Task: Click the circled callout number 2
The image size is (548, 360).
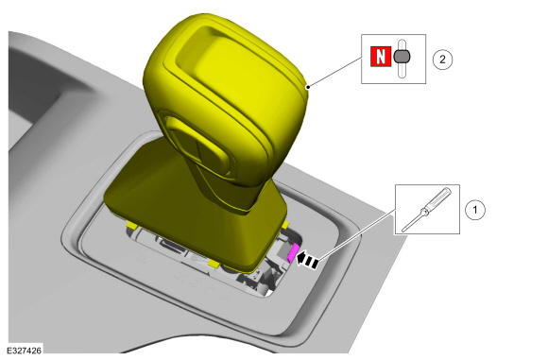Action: click(442, 60)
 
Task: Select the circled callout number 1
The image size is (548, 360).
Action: click(475, 210)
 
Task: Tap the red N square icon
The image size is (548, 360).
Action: click(381, 57)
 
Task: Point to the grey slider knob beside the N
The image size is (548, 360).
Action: click(402, 57)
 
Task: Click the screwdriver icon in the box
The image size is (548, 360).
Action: click(427, 210)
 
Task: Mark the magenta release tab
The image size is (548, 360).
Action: click(293, 253)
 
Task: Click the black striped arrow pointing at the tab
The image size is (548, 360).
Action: click(308, 260)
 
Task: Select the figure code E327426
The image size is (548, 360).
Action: click(25, 351)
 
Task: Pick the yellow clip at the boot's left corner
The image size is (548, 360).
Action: click(131, 226)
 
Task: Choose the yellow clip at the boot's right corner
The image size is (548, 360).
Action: click(285, 224)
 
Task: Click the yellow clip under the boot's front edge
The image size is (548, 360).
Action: click(214, 264)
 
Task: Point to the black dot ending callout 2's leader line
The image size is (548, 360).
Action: click(308, 86)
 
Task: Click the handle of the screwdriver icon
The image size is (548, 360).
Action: click(437, 198)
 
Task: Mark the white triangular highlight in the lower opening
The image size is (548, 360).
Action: click(268, 292)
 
